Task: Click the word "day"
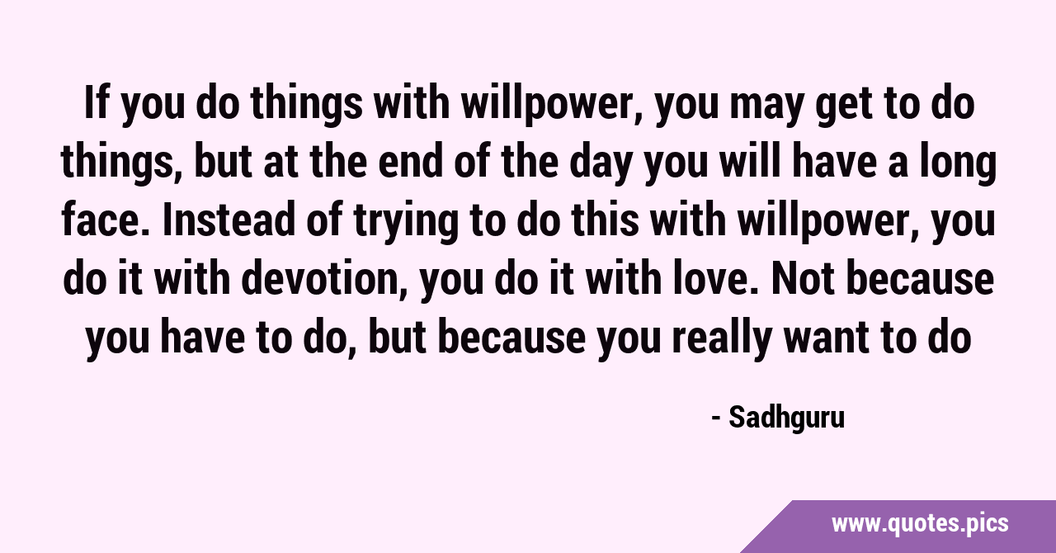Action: pyautogui.click(x=601, y=166)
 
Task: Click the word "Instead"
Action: pyautogui.click(x=229, y=220)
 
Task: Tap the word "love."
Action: pyautogui.click(x=716, y=278)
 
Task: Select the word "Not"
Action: pyautogui.click(x=803, y=278)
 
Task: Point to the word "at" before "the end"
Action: pyautogui.click(x=280, y=163)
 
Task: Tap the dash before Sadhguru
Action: pyautogui.click(x=716, y=418)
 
